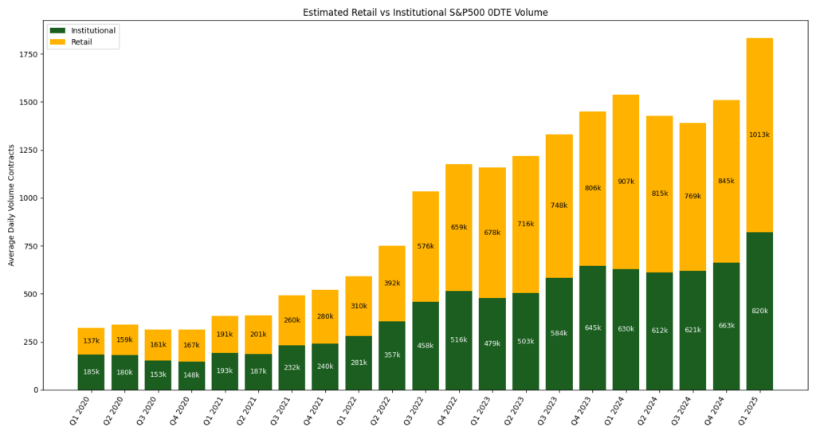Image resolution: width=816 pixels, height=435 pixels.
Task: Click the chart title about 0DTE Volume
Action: click(425, 13)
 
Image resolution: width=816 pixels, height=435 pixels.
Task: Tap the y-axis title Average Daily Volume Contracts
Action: click(11, 205)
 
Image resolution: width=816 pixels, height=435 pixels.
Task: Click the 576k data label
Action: click(426, 246)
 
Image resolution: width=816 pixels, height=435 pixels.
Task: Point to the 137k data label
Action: click(91, 341)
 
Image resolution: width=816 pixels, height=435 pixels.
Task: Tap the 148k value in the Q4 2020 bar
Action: click(191, 374)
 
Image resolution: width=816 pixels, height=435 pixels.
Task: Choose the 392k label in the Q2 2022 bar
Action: click(392, 283)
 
